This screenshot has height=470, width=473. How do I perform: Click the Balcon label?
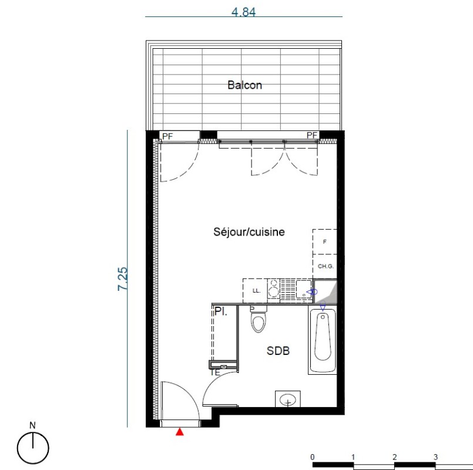pos(244,85)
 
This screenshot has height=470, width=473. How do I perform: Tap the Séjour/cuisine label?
pos(249,232)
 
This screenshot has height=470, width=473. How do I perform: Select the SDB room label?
pos(278,351)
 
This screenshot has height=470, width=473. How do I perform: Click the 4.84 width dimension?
pos(243,12)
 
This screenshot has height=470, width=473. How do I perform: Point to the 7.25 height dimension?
pos(122,278)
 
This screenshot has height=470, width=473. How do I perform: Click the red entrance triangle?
pos(180,432)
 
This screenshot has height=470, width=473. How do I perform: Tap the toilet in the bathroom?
pos(259,319)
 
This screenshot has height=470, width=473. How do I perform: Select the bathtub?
pos(323,340)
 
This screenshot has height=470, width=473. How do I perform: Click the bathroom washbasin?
pos(288,399)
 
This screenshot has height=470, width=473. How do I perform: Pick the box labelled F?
pos(324,241)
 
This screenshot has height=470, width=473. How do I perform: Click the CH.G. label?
pos(326,266)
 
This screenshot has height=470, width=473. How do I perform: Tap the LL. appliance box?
pos(255,291)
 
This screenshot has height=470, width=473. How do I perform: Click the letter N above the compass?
pos(32,425)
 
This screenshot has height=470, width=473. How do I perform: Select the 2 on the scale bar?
pos(395,457)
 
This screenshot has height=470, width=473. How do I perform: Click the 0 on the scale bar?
pos(313,457)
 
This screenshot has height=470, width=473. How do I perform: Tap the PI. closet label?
pos(221,311)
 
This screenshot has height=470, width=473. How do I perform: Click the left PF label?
pos(167,136)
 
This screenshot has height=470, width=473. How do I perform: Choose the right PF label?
pos(312,135)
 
